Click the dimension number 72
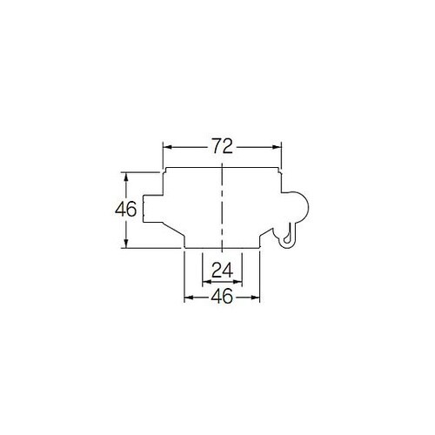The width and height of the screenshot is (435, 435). coord(222,146)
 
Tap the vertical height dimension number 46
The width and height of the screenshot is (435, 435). coord(125,210)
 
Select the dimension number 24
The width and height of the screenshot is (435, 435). coord(222,271)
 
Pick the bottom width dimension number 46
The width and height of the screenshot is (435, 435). coord(222,297)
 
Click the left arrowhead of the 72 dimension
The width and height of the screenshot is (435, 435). coord(167,147)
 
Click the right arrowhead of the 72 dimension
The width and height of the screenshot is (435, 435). coord(277,147)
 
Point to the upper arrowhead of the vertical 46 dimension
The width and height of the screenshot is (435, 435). coord(126,177)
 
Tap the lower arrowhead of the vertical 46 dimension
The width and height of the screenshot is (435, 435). coord(126,244)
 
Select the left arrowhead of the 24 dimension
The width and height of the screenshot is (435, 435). coord(207,281)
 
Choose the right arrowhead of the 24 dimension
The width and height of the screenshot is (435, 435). coord(238,281)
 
